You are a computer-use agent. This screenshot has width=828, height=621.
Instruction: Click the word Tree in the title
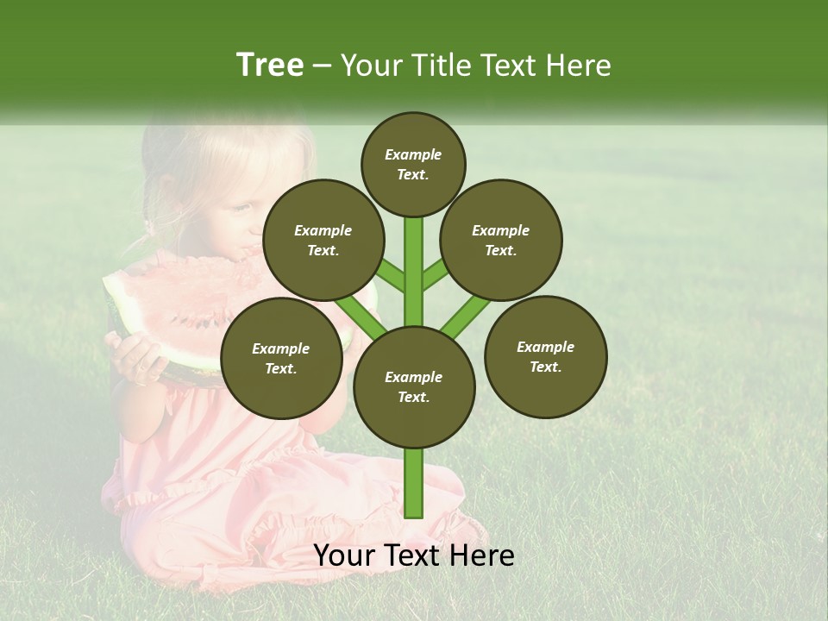click(270, 65)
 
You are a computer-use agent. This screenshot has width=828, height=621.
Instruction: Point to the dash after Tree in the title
click(322, 66)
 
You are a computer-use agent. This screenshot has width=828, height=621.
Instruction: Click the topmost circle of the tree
click(413, 164)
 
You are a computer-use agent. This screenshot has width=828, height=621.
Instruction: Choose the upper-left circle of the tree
click(323, 240)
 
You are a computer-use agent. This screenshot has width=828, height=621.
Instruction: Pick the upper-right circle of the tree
click(501, 240)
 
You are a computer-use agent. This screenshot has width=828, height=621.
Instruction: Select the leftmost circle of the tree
click(281, 358)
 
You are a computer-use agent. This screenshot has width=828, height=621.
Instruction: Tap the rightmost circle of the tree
click(546, 356)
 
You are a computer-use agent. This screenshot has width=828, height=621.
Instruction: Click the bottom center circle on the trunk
click(414, 386)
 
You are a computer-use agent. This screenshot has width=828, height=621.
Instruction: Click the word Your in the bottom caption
click(344, 555)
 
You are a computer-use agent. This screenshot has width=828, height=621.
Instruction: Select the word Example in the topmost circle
click(413, 154)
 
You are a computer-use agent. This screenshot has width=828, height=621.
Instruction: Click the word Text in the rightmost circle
click(544, 367)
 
